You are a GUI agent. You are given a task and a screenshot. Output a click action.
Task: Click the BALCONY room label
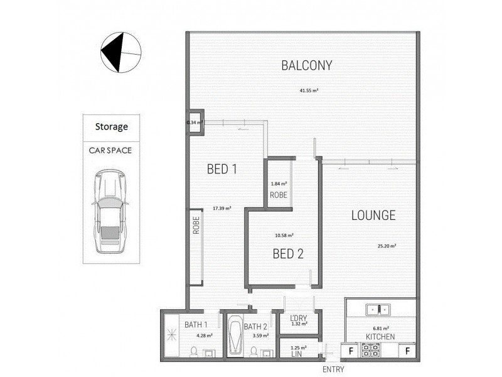pyautogui.click(x=306, y=65)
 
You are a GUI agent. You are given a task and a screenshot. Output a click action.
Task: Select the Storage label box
pyautogui.click(x=112, y=126)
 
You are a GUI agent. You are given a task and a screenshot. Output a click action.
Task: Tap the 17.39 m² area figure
pyautogui.click(x=222, y=208)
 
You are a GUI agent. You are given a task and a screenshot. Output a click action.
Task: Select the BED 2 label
pyautogui.click(x=288, y=254)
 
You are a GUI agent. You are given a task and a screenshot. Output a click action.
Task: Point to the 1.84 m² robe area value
pyautogui.click(x=279, y=184)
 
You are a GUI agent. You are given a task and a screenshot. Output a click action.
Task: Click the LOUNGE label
pyautogui.click(x=373, y=216)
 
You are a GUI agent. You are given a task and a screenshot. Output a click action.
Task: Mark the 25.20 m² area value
pyautogui.click(x=386, y=246)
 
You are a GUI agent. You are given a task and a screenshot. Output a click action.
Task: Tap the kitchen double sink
pyautogui.click(x=378, y=309)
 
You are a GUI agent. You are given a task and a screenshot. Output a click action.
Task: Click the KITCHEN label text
pyautogui.click(x=380, y=337)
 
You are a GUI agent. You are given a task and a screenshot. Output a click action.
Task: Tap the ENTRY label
pyautogui.click(x=333, y=369)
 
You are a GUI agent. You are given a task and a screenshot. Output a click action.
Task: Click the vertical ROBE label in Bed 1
pyautogui.click(x=196, y=226)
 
